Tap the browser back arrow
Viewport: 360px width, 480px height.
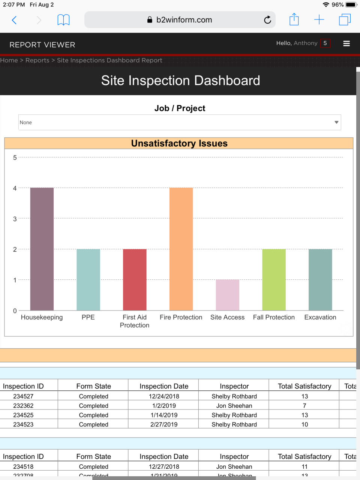tap(14, 20)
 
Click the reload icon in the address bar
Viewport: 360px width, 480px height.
tap(267, 20)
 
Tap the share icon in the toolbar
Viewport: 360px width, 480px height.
tap(294, 19)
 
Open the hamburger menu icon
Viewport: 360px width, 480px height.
tap(346, 43)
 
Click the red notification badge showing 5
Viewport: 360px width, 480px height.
tap(325, 43)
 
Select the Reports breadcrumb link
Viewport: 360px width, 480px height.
tap(37, 60)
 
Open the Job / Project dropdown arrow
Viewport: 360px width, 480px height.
tap(336, 122)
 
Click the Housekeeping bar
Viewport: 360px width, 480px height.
tap(42, 249)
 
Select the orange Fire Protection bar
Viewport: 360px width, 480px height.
tap(181, 249)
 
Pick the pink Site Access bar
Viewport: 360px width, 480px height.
tap(227, 295)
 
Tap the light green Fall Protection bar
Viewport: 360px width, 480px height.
tap(274, 280)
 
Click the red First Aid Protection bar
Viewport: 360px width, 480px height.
tap(135, 280)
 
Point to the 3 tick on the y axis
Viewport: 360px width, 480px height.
tap(15, 219)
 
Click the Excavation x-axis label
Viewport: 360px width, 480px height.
tap(320, 317)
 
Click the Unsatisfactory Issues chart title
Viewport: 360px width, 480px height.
tap(179, 143)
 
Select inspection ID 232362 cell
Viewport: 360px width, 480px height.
tap(23, 406)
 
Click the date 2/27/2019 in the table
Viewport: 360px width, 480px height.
tap(164, 424)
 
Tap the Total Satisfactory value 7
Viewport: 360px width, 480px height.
tap(304, 406)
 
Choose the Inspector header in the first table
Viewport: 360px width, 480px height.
tap(234, 386)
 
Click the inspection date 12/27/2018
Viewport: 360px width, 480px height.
tap(164, 467)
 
